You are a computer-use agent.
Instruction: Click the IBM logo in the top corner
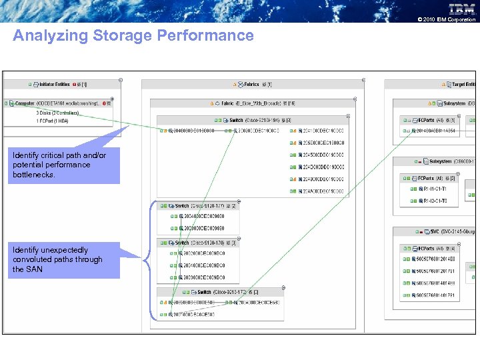click(x=462, y=9)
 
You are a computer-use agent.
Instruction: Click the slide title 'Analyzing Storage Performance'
click(x=133, y=35)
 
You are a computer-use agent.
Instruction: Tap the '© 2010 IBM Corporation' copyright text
click(x=446, y=19)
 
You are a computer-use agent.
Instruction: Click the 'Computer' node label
click(x=25, y=104)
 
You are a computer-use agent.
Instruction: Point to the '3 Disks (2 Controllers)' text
click(x=57, y=113)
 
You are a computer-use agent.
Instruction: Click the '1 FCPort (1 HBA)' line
click(x=53, y=121)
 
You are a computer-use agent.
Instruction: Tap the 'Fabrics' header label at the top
click(x=251, y=85)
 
